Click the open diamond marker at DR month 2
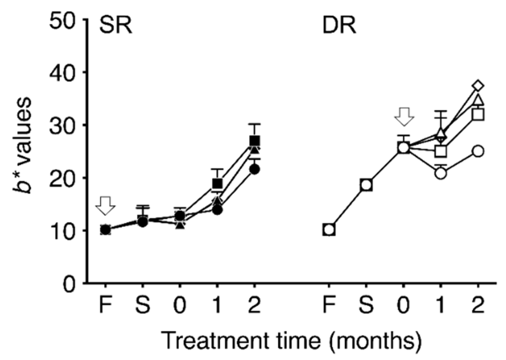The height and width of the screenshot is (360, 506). (x=478, y=85)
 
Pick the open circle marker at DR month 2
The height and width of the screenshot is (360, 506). (x=478, y=152)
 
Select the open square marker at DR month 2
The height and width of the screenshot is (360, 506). (x=478, y=115)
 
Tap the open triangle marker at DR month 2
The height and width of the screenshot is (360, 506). (x=478, y=100)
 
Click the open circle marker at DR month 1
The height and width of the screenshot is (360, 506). (x=441, y=173)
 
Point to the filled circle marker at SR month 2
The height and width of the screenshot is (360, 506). (x=254, y=170)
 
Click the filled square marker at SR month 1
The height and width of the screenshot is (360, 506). (x=217, y=183)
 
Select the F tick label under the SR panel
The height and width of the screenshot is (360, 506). (x=105, y=306)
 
